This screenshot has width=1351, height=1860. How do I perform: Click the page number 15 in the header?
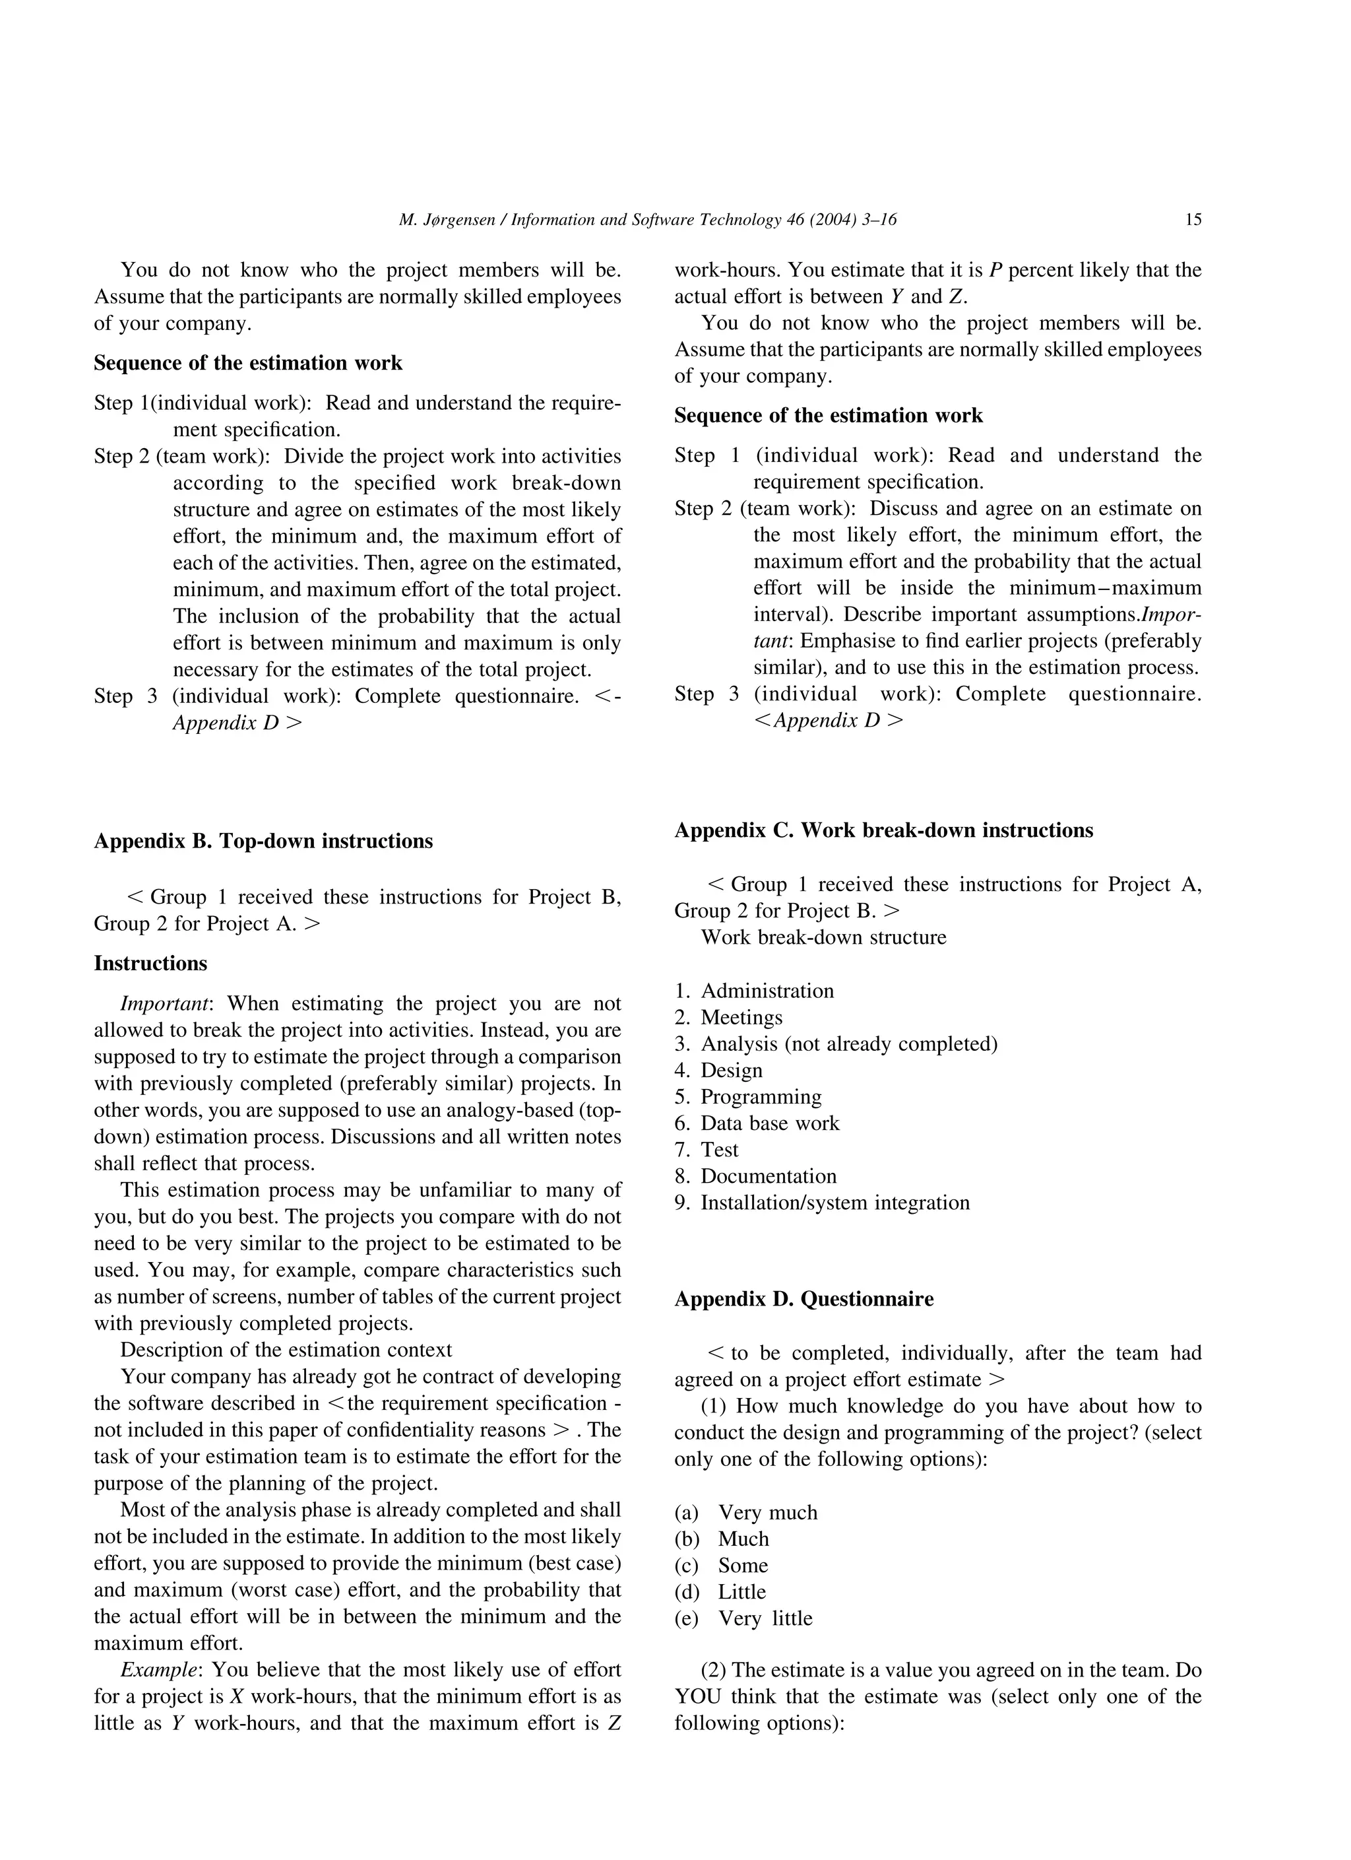pos(1193,220)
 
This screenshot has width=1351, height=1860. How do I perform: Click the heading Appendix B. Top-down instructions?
pos(263,842)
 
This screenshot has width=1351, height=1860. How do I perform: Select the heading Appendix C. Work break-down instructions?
pos(883,831)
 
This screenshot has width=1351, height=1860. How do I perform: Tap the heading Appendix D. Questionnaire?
pos(803,1299)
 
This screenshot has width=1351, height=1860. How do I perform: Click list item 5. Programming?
pos(747,1097)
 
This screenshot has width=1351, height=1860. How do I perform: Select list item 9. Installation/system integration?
pos(821,1203)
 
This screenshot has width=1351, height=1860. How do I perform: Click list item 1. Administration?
pos(754,991)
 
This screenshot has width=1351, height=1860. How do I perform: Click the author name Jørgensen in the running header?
pos(459,220)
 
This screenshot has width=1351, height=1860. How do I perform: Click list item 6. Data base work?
pos(757,1123)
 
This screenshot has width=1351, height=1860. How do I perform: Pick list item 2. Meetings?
pos(728,1018)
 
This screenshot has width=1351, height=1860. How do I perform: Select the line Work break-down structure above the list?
pos(823,937)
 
